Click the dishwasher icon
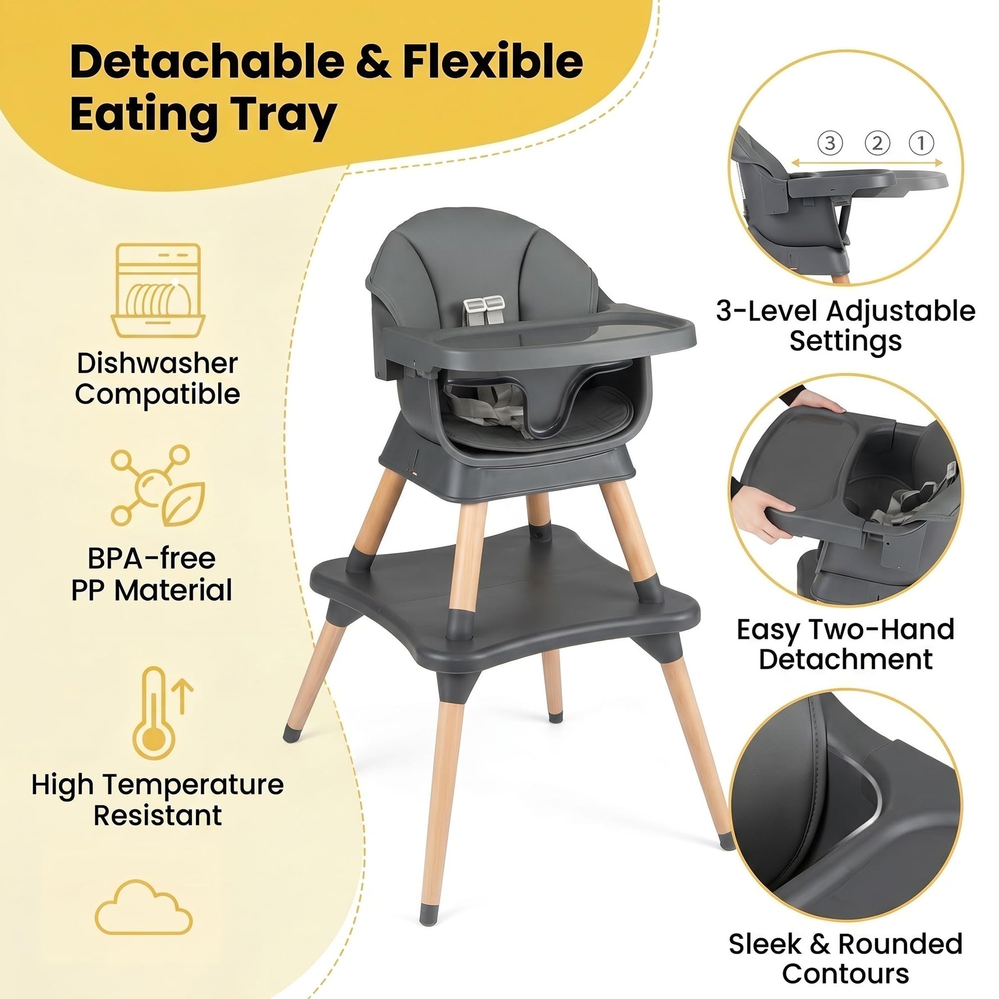[x=158, y=290]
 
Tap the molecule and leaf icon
[x=158, y=485]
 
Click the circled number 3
[x=830, y=143]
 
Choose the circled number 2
[x=877, y=143]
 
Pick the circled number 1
[x=921, y=143]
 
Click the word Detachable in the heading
[x=207, y=61]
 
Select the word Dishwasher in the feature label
[x=157, y=363]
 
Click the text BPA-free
[x=152, y=558]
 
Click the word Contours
[x=845, y=974]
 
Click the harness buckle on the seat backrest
[x=484, y=305]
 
